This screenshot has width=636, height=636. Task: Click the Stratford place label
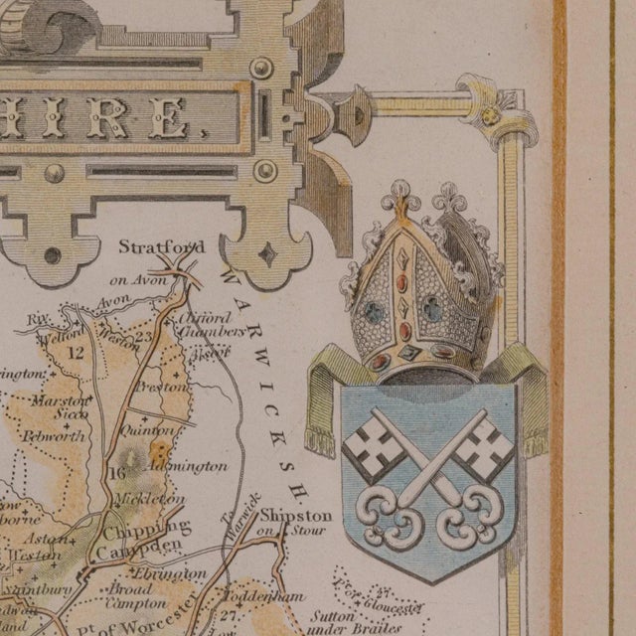click(161, 246)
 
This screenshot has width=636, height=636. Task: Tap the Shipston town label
click(296, 516)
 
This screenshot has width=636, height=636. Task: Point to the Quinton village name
click(147, 430)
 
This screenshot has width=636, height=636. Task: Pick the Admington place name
click(188, 465)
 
